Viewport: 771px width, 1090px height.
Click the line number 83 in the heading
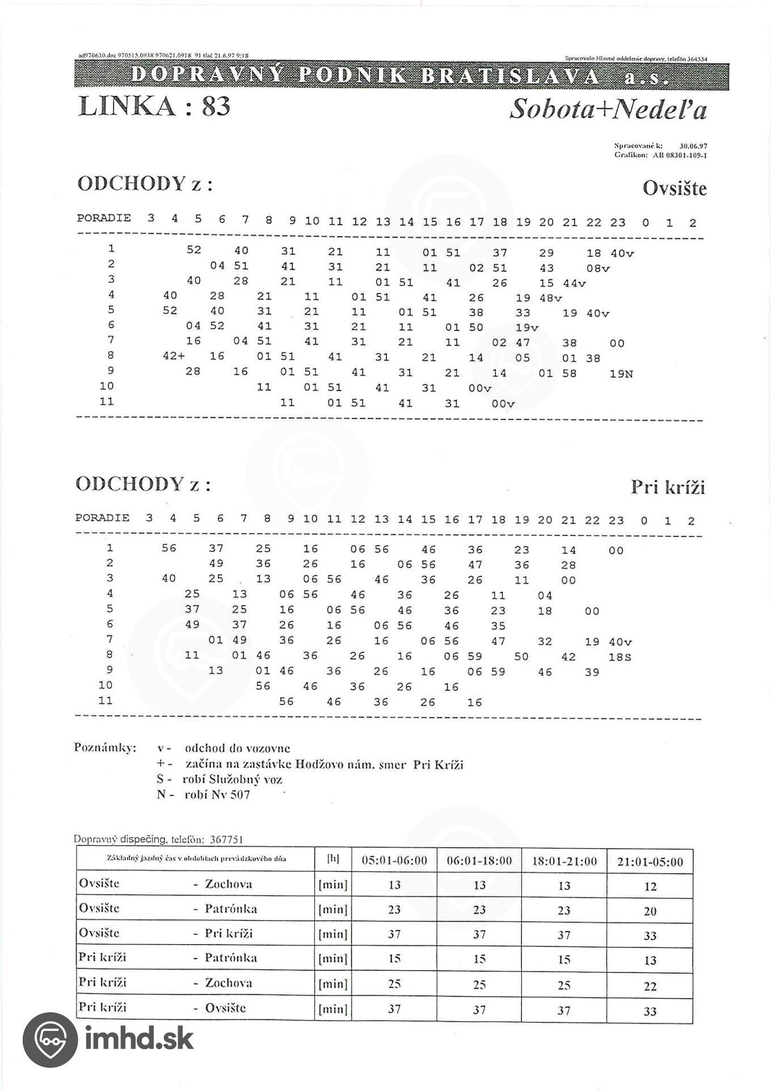click(216, 106)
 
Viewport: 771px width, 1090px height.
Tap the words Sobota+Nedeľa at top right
click(608, 108)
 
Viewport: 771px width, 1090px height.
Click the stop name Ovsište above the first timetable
click(675, 188)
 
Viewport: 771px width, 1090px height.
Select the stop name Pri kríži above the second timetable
click(668, 487)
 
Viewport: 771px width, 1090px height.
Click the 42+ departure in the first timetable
click(173, 357)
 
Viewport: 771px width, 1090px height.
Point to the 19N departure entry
click(621, 374)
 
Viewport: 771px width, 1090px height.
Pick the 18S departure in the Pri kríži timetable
click(620, 657)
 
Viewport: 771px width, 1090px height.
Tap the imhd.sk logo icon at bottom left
click(49, 1039)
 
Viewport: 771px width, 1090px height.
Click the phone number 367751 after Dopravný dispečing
click(226, 839)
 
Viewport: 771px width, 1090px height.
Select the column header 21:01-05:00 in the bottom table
click(650, 862)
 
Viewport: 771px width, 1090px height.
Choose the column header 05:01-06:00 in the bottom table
click(394, 861)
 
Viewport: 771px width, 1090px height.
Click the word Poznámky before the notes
click(105, 747)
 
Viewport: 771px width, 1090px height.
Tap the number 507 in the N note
click(239, 794)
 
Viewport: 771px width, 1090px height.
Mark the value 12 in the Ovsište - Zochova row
click(650, 886)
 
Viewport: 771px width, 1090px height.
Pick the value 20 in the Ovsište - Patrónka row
click(650, 911)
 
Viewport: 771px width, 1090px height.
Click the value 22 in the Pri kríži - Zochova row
click(650, 986)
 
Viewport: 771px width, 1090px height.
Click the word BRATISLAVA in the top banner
click(509, 77)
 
